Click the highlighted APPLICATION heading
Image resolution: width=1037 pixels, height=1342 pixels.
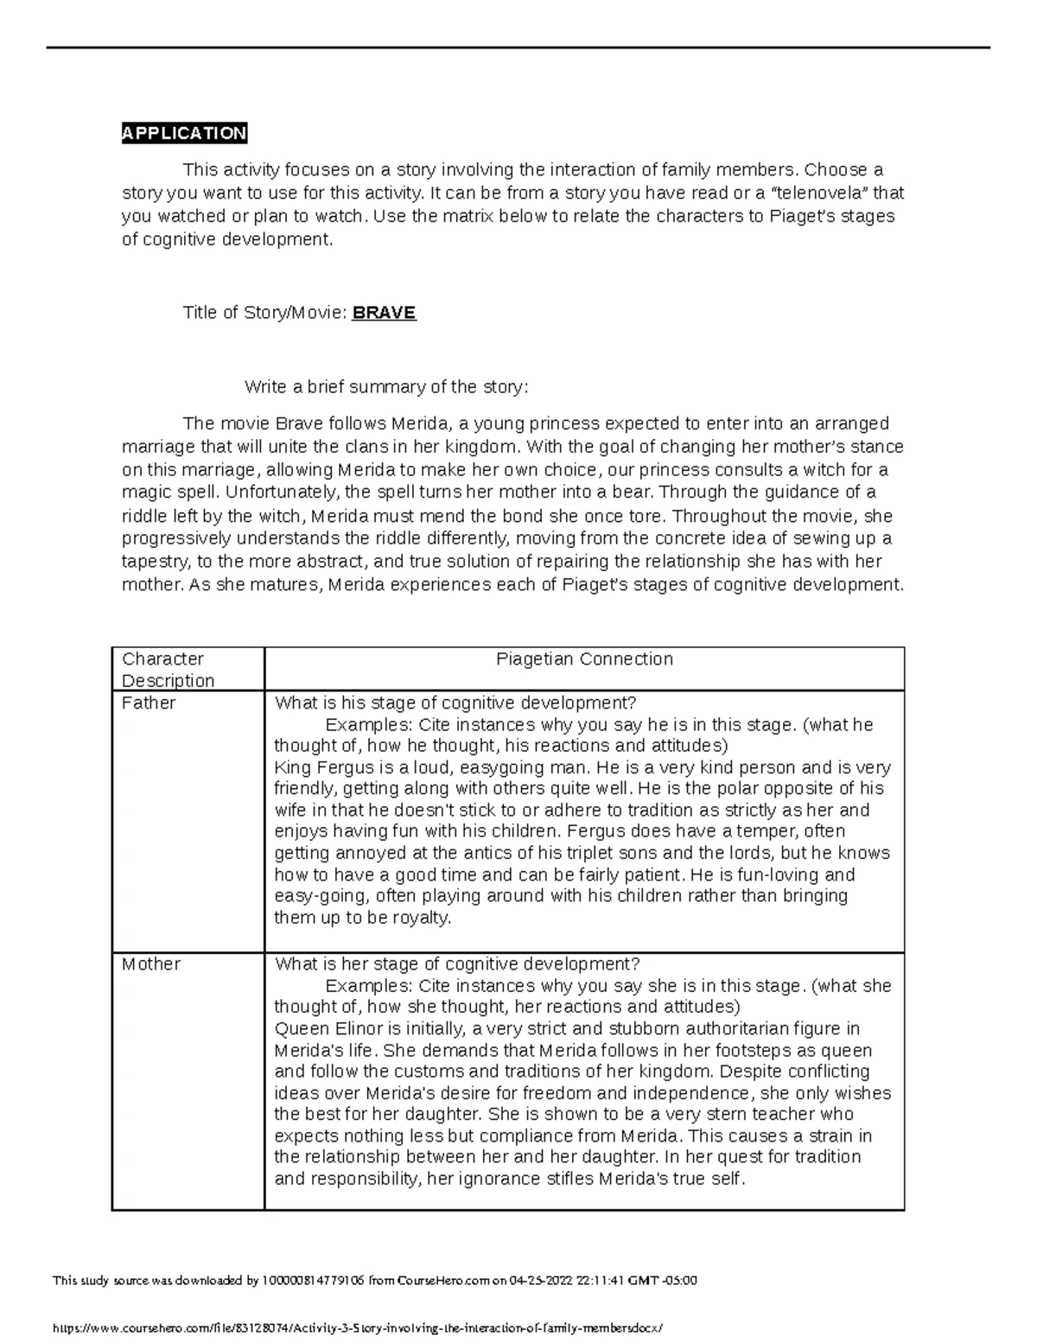pos(184,133)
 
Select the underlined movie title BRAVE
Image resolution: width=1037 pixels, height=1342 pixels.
pos(384,313)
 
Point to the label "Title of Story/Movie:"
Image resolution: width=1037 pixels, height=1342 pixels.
pos(264,313)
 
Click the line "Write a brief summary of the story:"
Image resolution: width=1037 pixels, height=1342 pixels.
pos(385,387)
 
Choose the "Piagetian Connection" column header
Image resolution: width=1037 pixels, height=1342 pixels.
pos(584,659)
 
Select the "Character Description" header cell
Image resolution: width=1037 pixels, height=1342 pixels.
pos(168,670)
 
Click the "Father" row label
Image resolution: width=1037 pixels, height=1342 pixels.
pos(149,703)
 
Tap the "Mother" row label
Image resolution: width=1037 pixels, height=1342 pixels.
pos(151,964)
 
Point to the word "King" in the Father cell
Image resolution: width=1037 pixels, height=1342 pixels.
pos(291,767)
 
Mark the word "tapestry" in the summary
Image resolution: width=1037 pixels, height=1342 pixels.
pos(155,562)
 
